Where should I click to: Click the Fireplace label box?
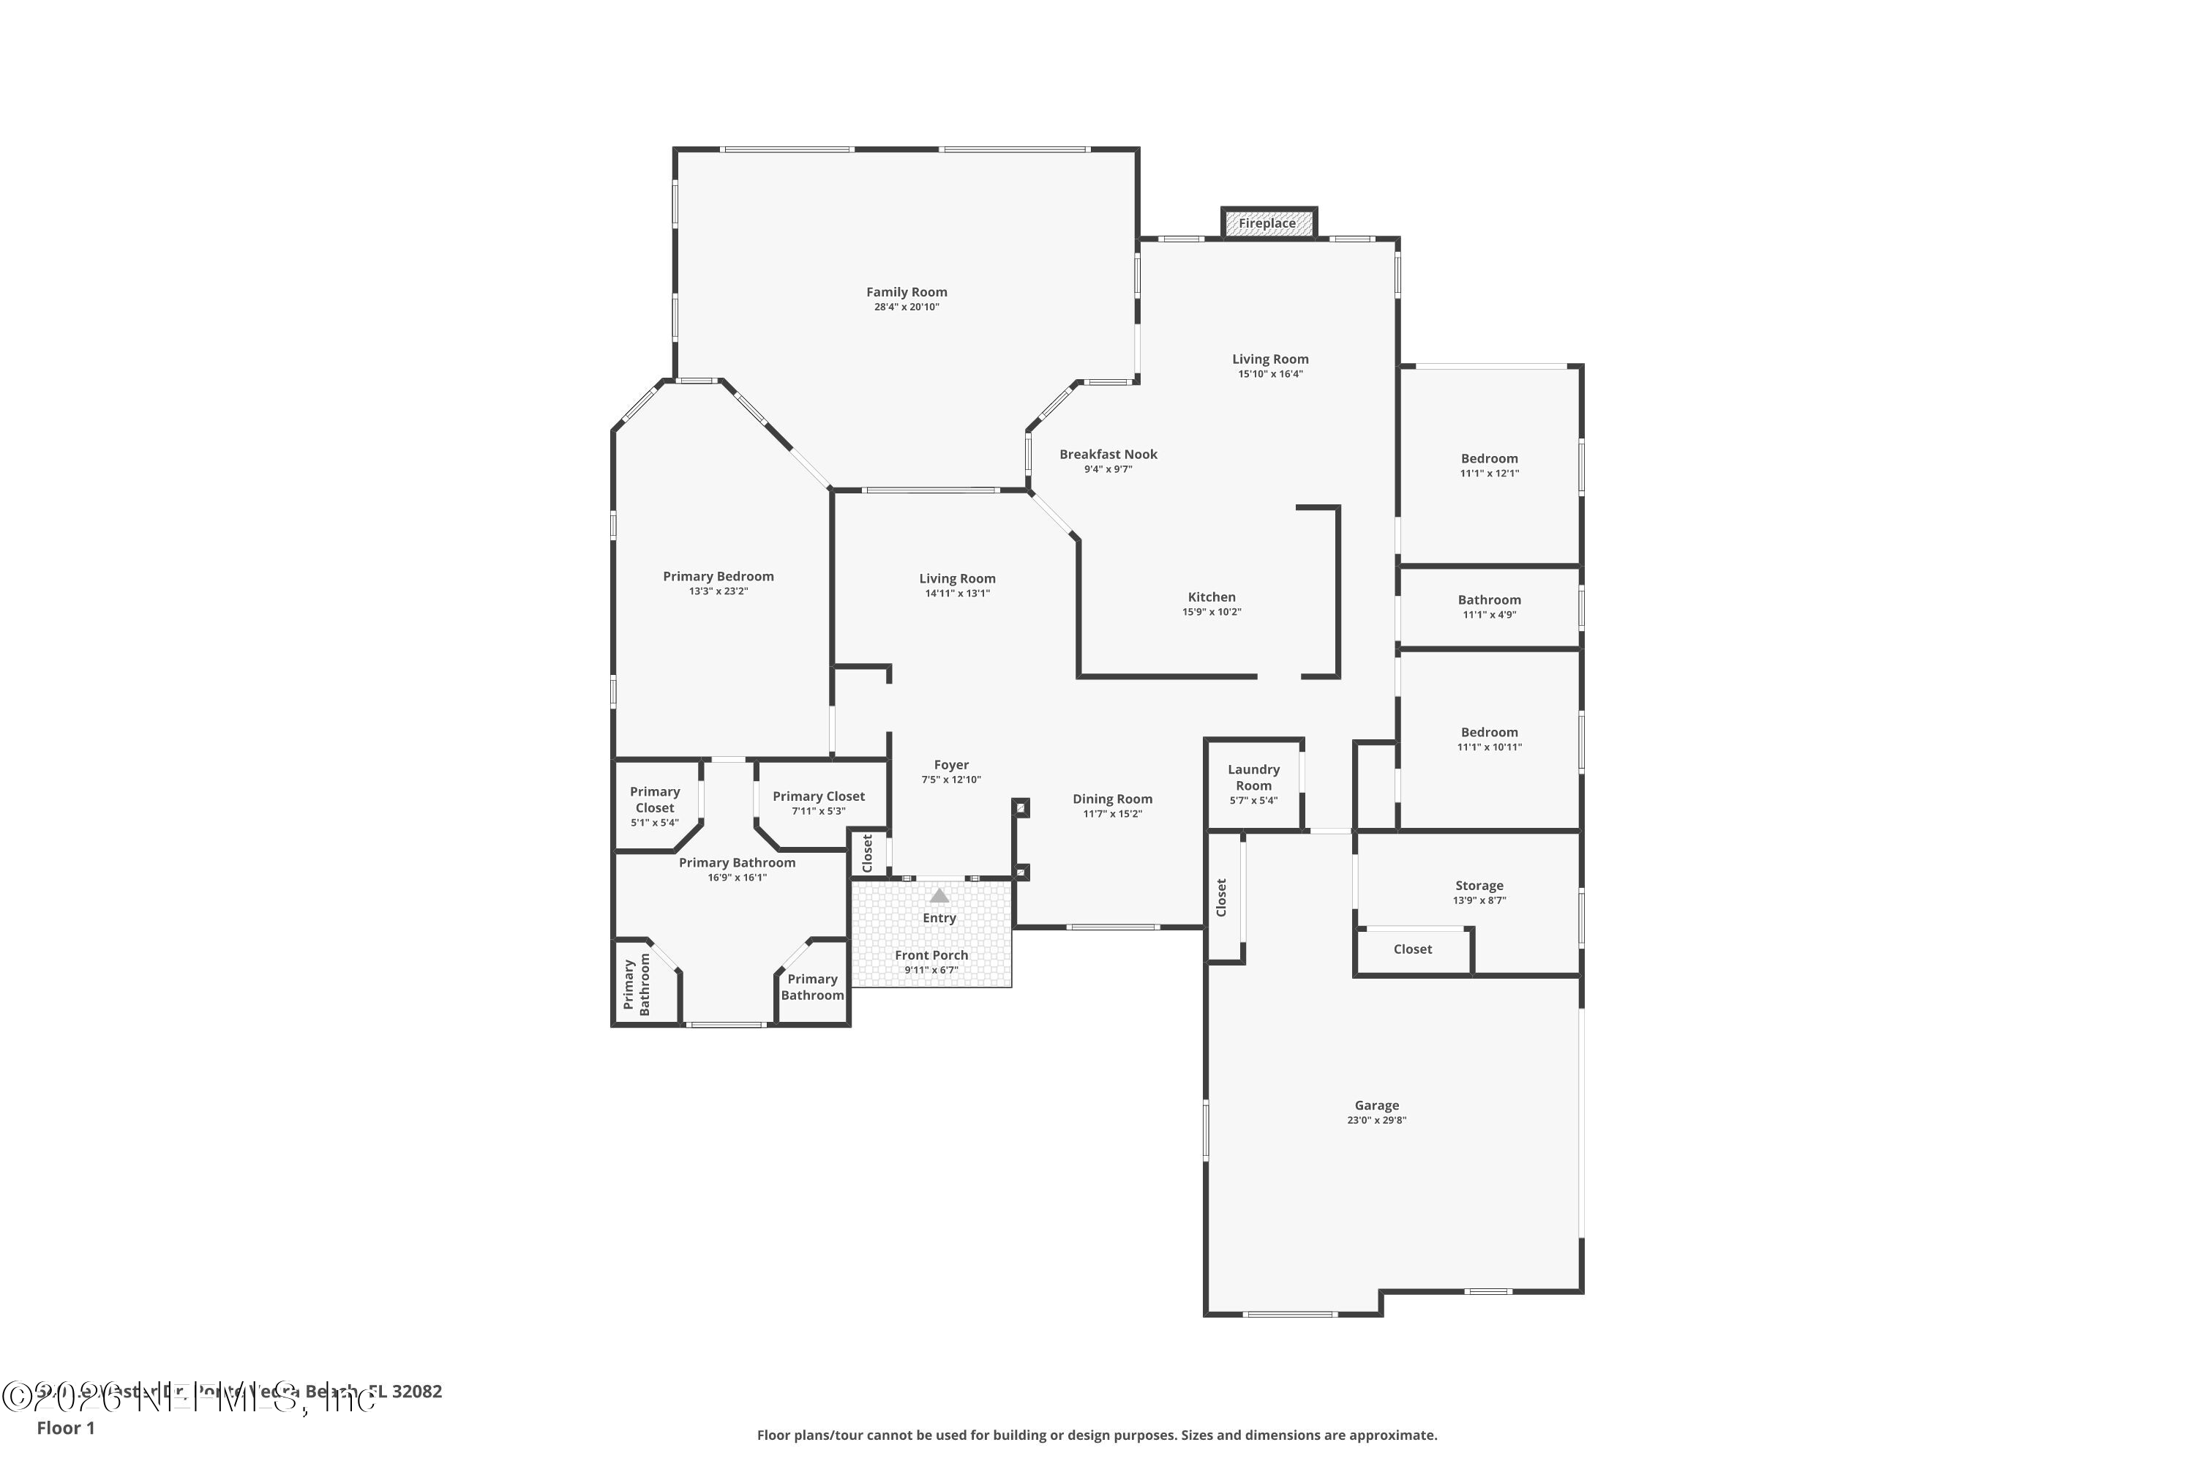pyautogui.click(x=1267, y=223)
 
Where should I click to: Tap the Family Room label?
pyautogui.click(x=907, y=292)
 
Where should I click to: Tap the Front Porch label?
pyautogui.click(x=931, y=955)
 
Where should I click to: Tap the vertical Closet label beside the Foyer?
pyautogui.click(x=867, y=854)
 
